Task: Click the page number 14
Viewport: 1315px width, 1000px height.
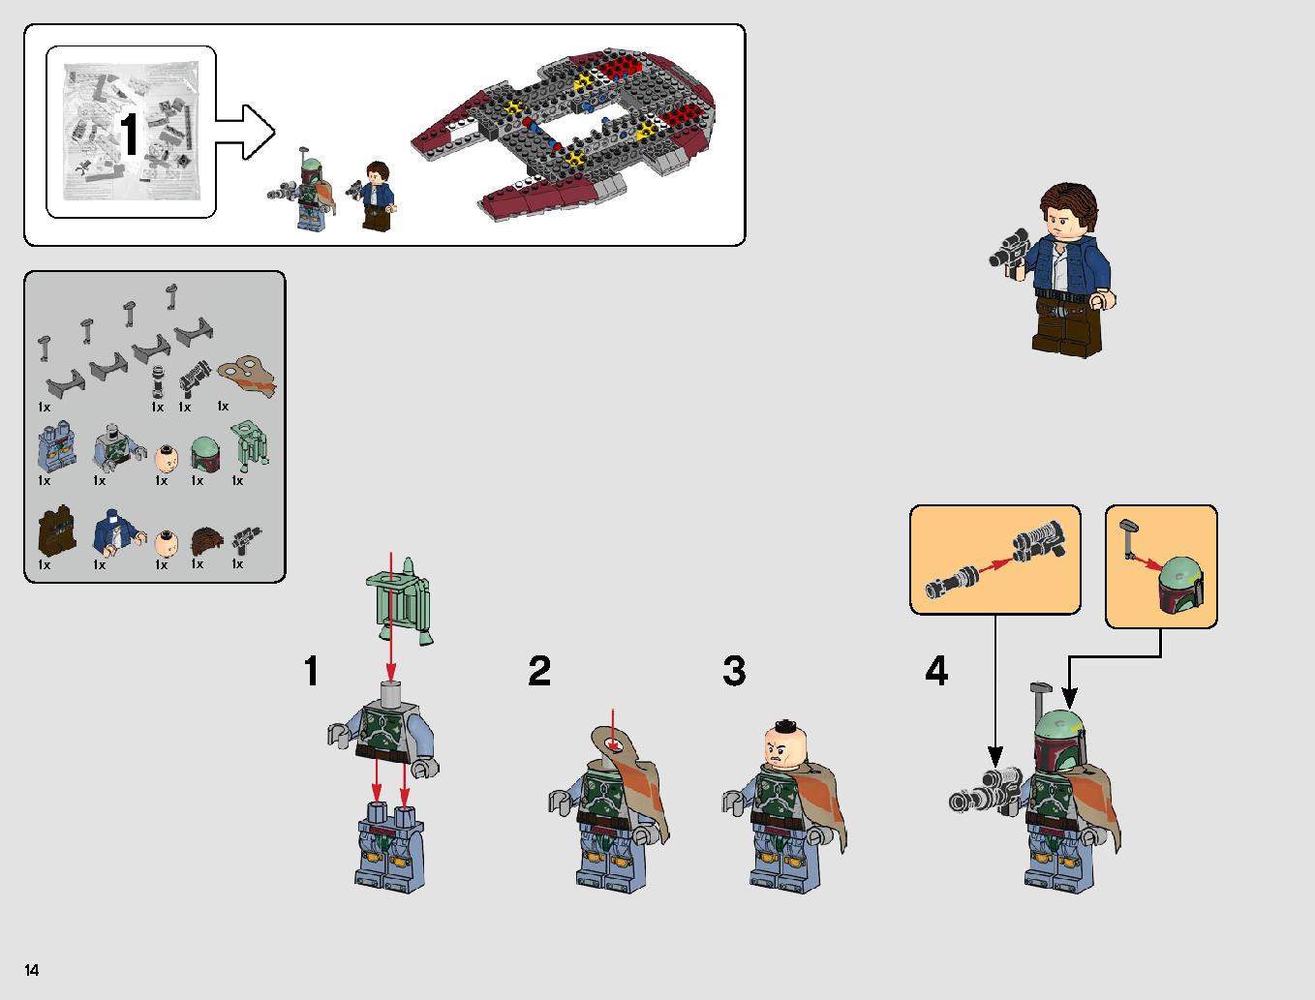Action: (x=32, y=969)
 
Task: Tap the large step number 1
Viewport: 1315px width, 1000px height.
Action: (x=311, y=670)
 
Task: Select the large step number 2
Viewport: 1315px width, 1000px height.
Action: (x=539, y=670)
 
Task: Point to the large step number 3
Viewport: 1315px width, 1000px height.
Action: (x=735, y=670)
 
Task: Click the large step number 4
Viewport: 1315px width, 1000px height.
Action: (x=936, y=670)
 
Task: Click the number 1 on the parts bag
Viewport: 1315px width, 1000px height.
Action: (x=130, y=134)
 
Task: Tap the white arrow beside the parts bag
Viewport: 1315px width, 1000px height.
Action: (x=245, y=132)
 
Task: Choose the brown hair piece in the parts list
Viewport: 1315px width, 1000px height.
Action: (x=206, y=541)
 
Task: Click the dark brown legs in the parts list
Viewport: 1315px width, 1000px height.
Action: (x=57, y=530)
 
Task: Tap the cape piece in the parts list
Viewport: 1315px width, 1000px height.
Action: (x=248, y=376)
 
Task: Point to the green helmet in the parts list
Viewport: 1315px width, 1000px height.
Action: (x=205, y=454)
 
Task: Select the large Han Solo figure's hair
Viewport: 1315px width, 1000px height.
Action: (x=1069, y=205)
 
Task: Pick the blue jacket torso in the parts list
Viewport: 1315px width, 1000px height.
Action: (x=117, y=533)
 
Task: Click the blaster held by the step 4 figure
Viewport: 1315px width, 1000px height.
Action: (x=985, y=792)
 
